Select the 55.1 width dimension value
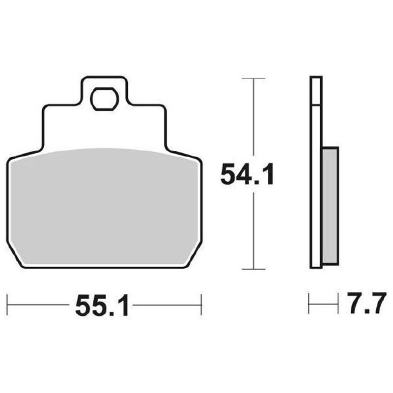[x=102, y=307]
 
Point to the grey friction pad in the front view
[x=104, y=206]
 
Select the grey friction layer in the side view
[x=330, y=206]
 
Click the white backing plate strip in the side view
[x=316, y=172]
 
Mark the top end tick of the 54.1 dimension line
[x=253, y=78]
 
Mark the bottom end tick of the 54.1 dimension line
[x=253, y=269]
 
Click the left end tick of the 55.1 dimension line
[x=8, y=305]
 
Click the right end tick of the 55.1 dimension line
[x=201, y=305]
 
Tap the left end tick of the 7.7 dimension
[x=309, y=305]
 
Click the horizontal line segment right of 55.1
[x=167, y=305]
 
